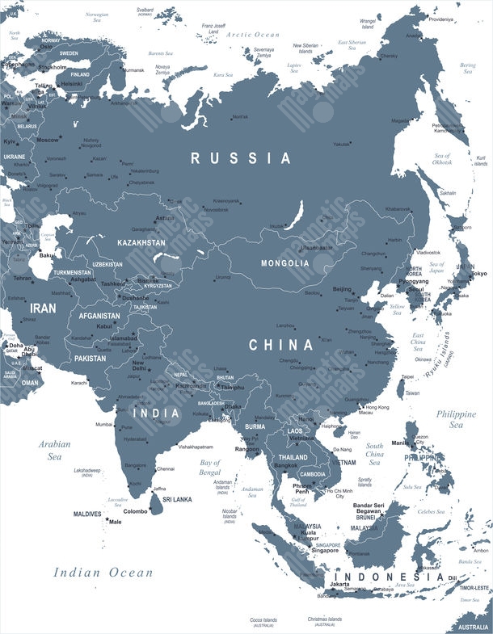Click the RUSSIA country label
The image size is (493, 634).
coord(240,158)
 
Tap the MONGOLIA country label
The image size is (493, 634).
coord(284,263)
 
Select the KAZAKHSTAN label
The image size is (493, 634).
coord(141,242)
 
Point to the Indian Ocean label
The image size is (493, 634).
coord(103,573)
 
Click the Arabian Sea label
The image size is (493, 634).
coord(54,450)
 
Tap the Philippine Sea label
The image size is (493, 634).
coord(457,418)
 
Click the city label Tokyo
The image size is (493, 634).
coord(479,275)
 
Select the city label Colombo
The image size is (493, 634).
coord(136,511)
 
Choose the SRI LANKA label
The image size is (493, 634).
coord(176,500)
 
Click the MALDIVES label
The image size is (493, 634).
coord(87,514)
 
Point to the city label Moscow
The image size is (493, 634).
coord(48,141)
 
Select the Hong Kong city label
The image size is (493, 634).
coord(377,407)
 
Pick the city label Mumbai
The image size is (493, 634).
coord(103,424)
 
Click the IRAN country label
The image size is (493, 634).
coord(43,309)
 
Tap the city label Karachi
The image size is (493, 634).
coord(79,382)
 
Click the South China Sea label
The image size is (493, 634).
coord(374,454)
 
